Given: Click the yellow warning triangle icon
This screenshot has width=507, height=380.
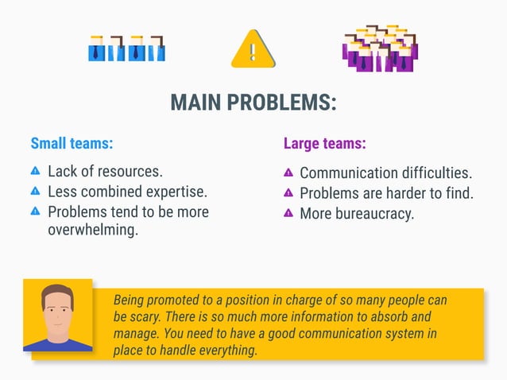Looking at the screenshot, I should (253, 49).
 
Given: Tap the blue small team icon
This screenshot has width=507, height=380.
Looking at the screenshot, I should (126, 48).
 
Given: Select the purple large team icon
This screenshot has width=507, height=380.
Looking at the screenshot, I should (380, 49).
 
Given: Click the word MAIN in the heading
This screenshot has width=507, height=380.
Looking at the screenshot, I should (195, 103).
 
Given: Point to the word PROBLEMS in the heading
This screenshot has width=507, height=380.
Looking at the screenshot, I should (281, 103).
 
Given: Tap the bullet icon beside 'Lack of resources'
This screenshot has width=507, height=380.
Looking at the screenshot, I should (35, 171).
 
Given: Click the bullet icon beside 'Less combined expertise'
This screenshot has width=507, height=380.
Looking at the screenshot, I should (35, 191).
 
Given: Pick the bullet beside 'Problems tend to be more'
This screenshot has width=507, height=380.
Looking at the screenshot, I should (35, 211).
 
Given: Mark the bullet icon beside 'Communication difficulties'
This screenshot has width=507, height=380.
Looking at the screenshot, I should (288, 172).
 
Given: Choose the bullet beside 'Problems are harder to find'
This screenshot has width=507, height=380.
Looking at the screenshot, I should (288, 192).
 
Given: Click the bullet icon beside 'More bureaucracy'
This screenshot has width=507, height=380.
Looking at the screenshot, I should (288, 213).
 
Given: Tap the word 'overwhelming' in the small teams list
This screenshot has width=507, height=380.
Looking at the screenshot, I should (93, 231).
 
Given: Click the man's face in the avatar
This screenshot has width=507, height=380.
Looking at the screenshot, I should (57, 308).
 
